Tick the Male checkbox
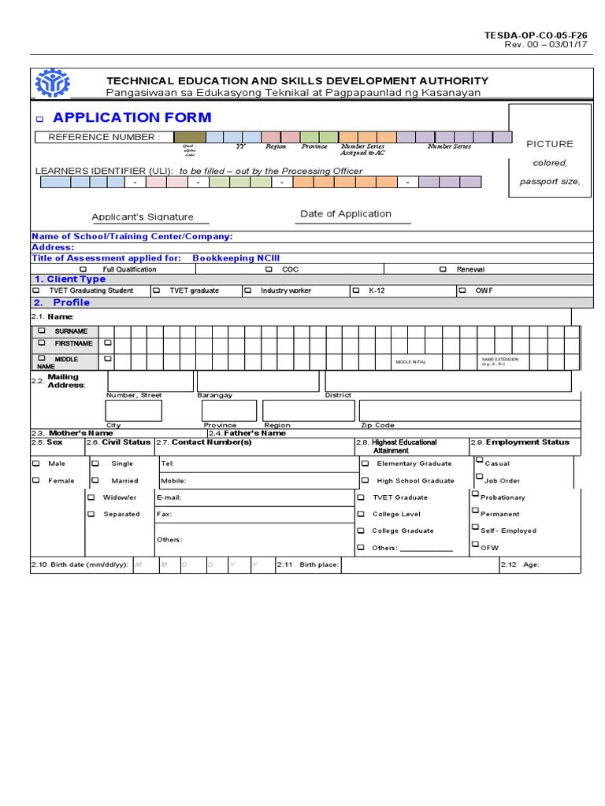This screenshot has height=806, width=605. click(x=36, y=463)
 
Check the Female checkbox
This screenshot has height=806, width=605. click(x=36, y=479)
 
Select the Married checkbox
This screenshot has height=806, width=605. click(x=95, y=479)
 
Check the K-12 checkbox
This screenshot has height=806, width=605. click(x=356, y=290)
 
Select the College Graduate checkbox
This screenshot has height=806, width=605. click(x=361, y=531)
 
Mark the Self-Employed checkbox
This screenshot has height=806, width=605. click(x=475, y=528)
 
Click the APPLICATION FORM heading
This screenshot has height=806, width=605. click(x=132, y=118)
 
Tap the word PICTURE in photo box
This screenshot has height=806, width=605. click(x=550, y=144)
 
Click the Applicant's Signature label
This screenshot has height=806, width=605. click(x=143, y=217)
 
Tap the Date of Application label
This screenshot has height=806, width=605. click(x=346, y=214)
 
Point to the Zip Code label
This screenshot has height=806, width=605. click(x=377, y=425)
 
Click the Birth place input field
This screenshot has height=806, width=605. click(x=418, y=565)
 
